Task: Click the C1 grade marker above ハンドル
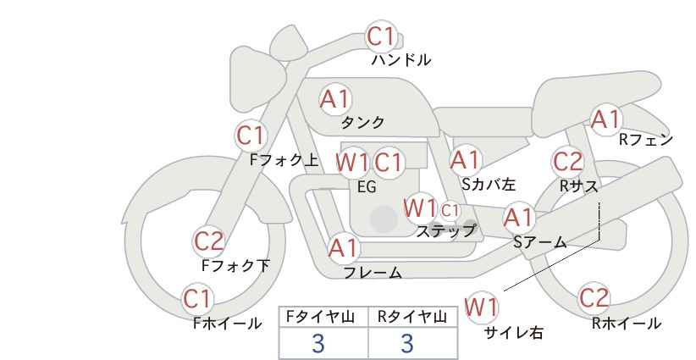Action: (381, 36)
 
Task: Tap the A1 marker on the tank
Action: (334, 100)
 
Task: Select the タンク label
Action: (362, 122)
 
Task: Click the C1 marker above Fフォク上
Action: (251, 136)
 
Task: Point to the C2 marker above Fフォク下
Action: (208, 241)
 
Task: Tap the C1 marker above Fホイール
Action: (197, 299)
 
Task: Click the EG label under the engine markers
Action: (367, 187)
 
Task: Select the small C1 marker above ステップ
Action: (450, 210)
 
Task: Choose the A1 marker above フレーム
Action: (343, 248)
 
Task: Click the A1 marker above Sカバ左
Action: (465, 160)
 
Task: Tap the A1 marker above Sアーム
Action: (518, 218)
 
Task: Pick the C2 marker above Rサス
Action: (567, 162)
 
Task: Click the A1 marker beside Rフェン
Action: (605, 119)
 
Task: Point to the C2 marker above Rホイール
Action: (594, 298)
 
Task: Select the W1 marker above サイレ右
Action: (481, 307)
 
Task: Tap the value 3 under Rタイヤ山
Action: (407, 343)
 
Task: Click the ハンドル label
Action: (401, 59)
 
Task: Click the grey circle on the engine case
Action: (384, 219)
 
